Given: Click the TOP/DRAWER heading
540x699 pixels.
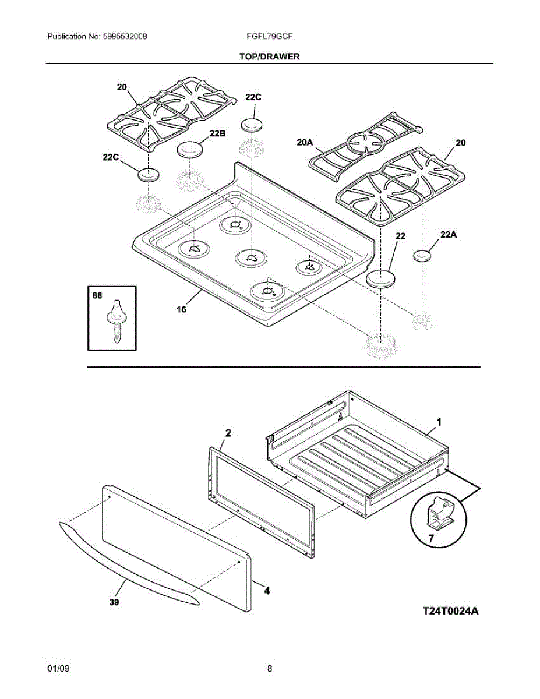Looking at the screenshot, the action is pos(269,57).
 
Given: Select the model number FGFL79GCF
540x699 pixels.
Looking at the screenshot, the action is pos(270,36).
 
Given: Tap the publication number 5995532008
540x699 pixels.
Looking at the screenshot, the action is pos(125,36).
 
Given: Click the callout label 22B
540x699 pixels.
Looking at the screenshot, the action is pos(218,133).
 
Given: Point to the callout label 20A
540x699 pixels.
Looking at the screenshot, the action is pos(305,142).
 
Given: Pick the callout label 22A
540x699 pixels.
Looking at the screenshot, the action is pos(449,235).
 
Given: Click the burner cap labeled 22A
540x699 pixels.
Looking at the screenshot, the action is pos(422,256).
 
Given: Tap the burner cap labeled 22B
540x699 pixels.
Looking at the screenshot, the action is pos(190,150).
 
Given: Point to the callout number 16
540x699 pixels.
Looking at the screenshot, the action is pos(181,309).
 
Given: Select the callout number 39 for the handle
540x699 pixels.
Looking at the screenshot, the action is pos(114,602).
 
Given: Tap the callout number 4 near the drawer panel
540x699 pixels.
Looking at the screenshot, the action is pos(267,591).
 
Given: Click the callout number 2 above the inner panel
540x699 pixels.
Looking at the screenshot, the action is pos(228,433).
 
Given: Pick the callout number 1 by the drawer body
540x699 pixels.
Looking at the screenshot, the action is pos(439,422).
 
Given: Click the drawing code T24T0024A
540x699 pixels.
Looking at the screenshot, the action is pos(450,610).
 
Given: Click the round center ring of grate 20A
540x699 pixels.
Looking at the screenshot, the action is pos(365,136).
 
